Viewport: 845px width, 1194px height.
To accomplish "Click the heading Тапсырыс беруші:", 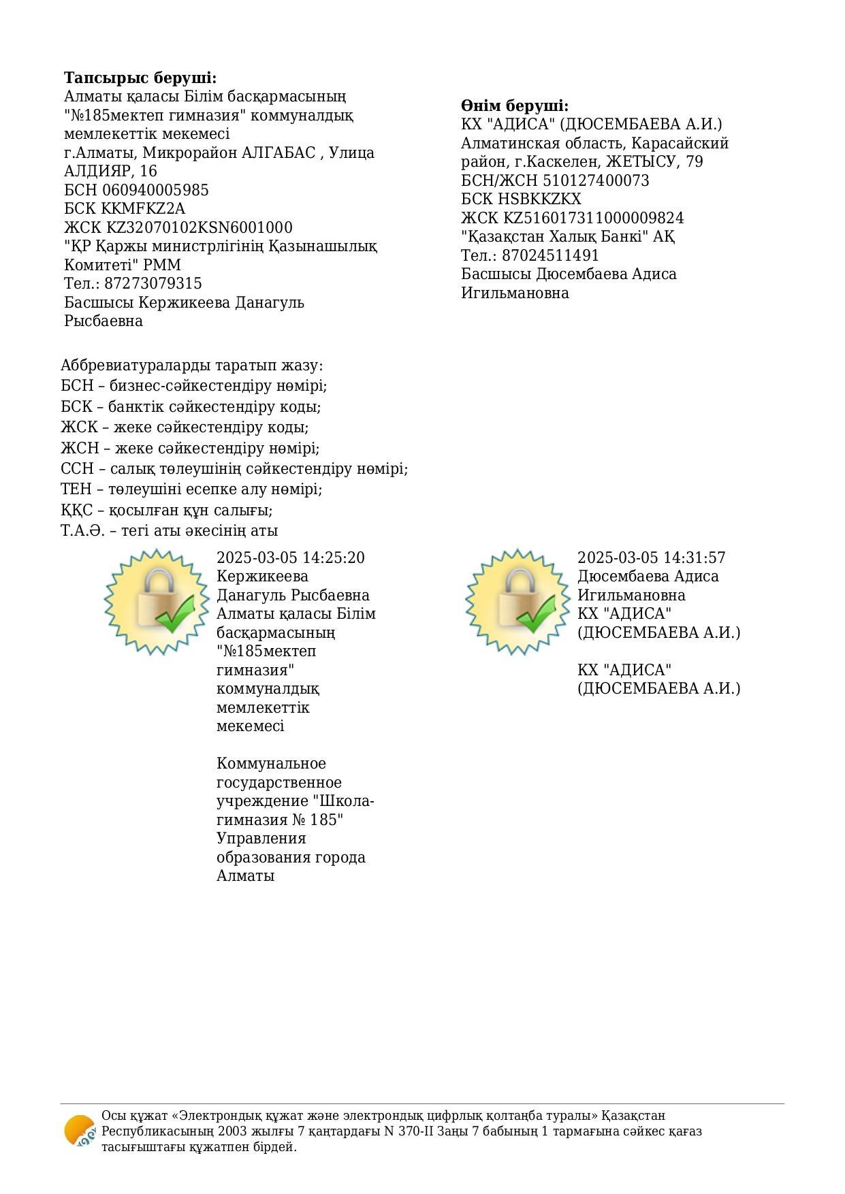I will (x=140, y=78).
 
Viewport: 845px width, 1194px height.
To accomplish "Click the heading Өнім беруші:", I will (x=514, y=106).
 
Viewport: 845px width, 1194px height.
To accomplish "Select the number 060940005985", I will (x=155, y=190).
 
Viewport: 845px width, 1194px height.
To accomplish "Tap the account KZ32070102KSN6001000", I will (x=200, y=227).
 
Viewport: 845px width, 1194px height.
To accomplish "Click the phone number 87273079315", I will (x=153, y=283).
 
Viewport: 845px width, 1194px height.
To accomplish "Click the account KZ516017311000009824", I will (x=593, y=218).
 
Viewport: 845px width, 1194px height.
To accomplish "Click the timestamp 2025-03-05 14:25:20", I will (x=290, y=558).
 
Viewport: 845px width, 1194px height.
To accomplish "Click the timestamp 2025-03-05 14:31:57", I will (x=651, y=558).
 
